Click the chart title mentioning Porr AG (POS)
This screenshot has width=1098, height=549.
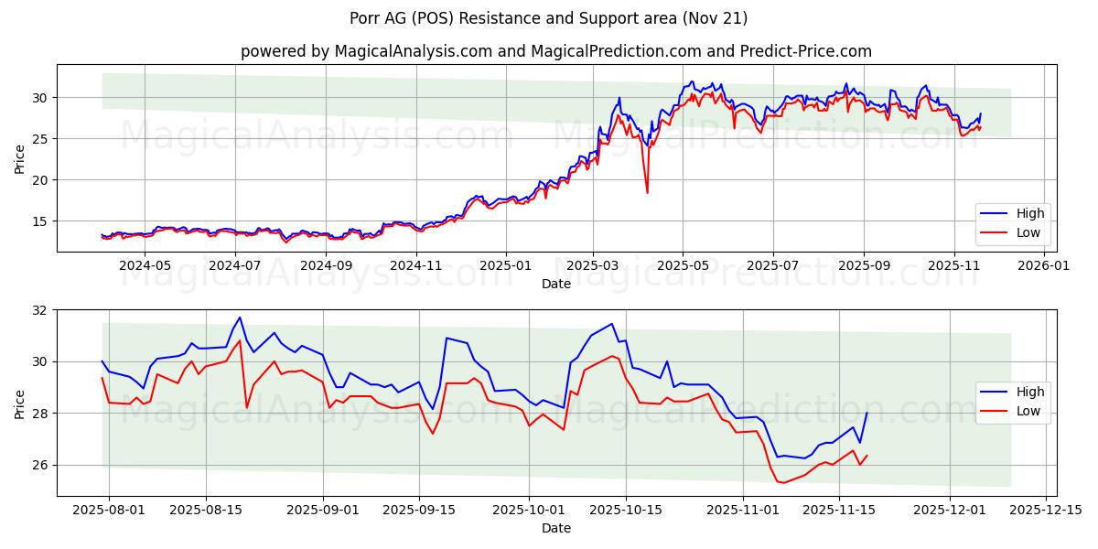click(548, 18)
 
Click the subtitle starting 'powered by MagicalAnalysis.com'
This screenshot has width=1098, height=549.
click(555, 51)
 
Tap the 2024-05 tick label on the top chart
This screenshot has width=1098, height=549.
click(145, 265)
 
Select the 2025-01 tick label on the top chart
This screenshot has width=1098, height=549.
click(505, 265)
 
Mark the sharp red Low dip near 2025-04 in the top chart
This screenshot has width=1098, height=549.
click(647, 192)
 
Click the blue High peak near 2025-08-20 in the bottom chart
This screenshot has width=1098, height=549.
click(240, 318)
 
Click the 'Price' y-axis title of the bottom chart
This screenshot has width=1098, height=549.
click(19, 403)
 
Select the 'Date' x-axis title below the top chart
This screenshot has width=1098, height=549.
click(555, 284)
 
